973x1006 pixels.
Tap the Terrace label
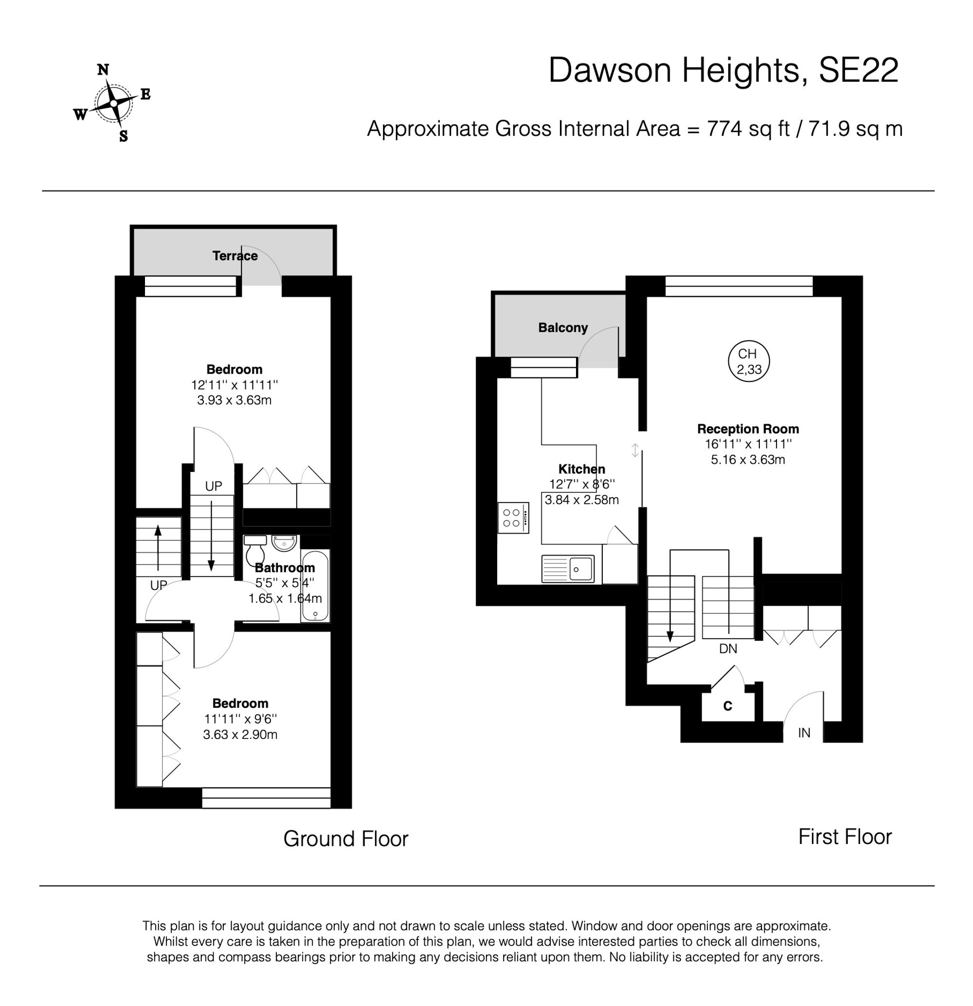click(x=235, y=255)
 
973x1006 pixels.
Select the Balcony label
click(x=562, y=327)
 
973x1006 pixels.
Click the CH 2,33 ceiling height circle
click(x=748, y=361)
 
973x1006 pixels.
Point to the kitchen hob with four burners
click(x=513, y=518)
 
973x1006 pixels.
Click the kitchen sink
click(x=568, y=569)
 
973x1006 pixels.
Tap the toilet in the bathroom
click(x=255, y=550)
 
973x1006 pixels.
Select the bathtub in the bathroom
click(x=315, y=585)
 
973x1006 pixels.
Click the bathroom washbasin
click(x=284, y=542)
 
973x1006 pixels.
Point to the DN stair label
click(x=728, y=649)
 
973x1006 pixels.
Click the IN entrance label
click(x=804, y=733)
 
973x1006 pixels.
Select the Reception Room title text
click(x=748, y=429)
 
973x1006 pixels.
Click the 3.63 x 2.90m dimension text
click(x=240, y=735)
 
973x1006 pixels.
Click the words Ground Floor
click(x=345, y=839)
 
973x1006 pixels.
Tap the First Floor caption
click(x=845, y=837)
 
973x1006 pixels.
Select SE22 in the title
click(x=858, y=71)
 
